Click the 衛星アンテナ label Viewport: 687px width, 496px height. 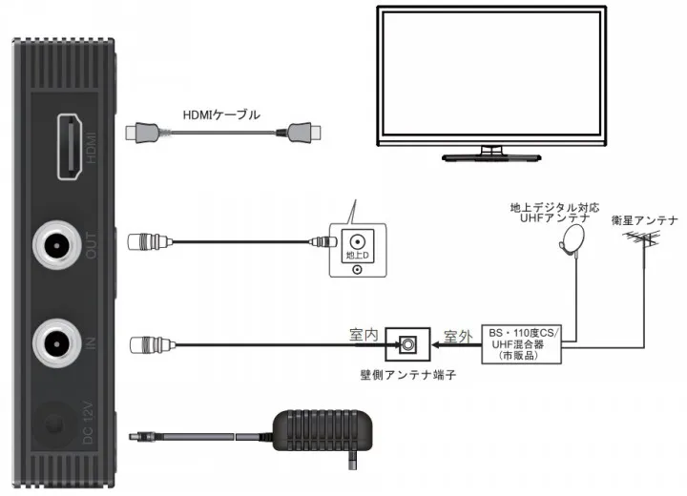(645, 220)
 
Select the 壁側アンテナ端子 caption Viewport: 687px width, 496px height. (411, 376)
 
